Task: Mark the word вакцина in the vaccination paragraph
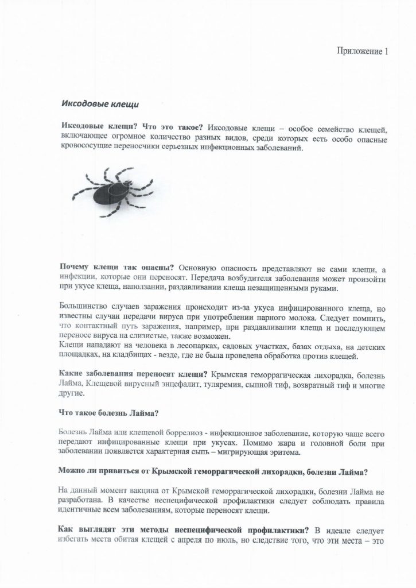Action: click(x=131, y=490)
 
